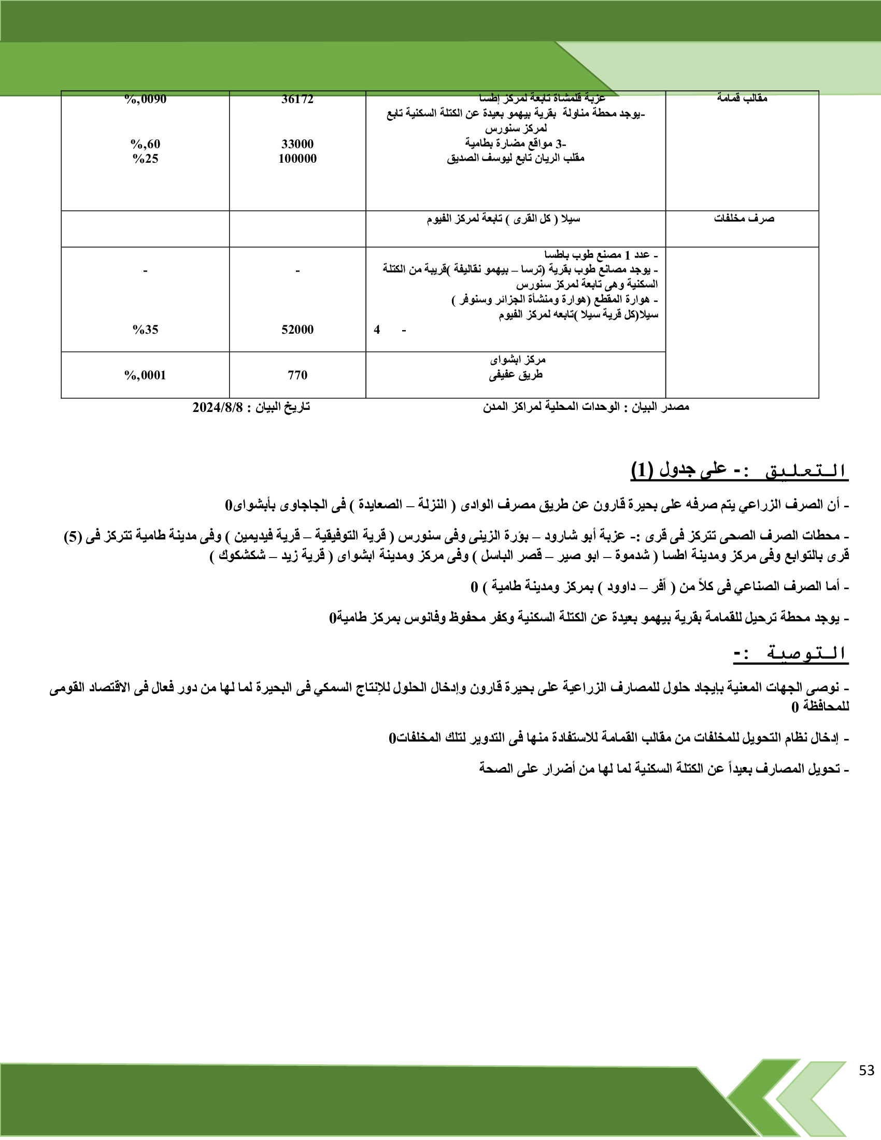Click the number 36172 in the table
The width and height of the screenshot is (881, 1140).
click(x=297, y=99)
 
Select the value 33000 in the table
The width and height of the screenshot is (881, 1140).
click(x=297, y=144)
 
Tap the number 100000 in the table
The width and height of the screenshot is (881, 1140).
click(x=297, y=159)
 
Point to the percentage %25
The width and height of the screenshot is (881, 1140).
click(x=145, y=159)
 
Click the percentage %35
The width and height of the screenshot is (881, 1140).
click(x=145, y=330)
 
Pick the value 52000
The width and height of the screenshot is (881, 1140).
click(x=297, y=330)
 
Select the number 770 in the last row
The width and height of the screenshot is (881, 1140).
click(x=297, y=375)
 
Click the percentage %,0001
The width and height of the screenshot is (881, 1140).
click(x=145, y=375)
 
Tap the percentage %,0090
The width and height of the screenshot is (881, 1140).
click(x=145, y=99)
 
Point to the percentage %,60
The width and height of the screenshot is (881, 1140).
click(x=145, y=144)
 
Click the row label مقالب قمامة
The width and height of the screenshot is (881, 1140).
click(x=742, y=97)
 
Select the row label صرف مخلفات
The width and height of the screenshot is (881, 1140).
click(x=744, y=219)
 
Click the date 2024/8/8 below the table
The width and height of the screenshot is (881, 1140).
click(x=218, y=407)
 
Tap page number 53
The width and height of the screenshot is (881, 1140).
click(x=866, y=1070)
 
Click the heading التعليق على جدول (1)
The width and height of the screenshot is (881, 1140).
click(x=739, y=471)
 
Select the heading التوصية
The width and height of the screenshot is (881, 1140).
click(x=791, y=653)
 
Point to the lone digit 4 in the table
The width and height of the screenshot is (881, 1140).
click(x=377, y=330)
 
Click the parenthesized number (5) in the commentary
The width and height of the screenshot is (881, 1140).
click(x=72, y=536)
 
